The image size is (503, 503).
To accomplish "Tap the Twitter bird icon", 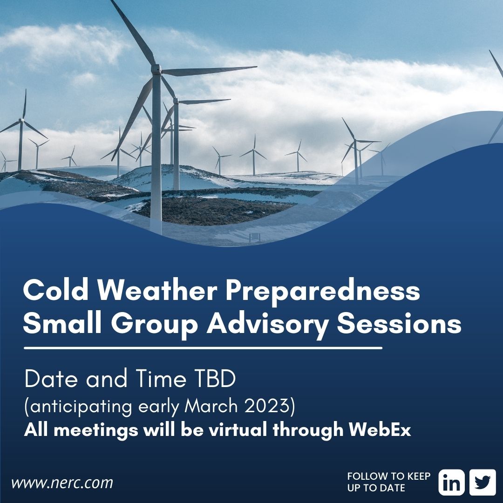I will click(483, 482).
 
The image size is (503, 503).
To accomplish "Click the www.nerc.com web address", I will click(62, 483).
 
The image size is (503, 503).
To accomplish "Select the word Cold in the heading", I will click(50, 292).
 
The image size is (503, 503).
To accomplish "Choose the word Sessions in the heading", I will click(399, 324).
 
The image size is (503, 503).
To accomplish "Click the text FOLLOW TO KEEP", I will click(389, 476).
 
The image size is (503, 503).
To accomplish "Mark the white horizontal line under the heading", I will click(203, 348).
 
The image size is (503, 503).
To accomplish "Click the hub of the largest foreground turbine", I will click(156, 70).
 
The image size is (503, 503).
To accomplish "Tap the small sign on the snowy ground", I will click(255, 237).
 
